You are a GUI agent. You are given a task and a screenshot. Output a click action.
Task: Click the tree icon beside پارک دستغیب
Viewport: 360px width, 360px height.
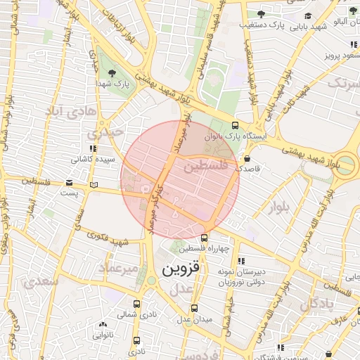tap(261, 14)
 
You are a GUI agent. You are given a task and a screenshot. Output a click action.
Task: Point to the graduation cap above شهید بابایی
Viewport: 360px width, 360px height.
tap(307, 14)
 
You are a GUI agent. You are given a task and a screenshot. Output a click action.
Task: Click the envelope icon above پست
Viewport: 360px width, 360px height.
tap(69, 183)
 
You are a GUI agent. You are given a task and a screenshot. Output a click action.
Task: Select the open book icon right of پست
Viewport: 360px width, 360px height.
tap(94, 184)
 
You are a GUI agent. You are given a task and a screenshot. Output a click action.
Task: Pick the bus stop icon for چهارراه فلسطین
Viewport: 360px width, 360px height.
tap(204, 238)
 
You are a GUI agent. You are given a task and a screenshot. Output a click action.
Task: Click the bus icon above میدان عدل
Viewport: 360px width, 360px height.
tap(195, 308)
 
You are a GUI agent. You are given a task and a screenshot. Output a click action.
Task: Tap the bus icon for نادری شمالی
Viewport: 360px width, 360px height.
tap(136, 304)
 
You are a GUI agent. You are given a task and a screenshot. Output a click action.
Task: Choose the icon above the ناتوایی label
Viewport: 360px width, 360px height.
tap(103, 325)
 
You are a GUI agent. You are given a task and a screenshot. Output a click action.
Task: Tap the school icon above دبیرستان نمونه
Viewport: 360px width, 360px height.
tap(242, 260)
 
